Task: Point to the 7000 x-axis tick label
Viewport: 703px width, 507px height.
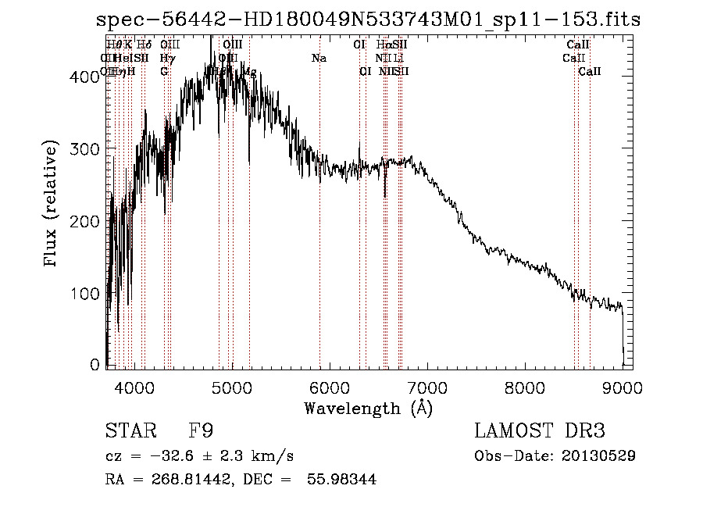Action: point(426,388)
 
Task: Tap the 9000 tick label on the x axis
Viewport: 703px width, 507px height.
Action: point(622,388)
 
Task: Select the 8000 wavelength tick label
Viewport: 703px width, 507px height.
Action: point(524,388)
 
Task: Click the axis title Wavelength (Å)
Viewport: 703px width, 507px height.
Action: point(368,408)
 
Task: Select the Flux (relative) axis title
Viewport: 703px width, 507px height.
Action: point(52,205)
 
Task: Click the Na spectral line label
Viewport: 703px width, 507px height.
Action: point(319,59)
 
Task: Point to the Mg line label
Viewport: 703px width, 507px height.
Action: point(250,71)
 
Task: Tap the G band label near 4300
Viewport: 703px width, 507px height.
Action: point(164,71)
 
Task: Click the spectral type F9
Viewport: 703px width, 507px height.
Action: point(202,430)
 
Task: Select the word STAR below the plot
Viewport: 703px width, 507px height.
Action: point(130,430)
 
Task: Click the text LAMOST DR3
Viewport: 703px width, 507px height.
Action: point(540,430)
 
